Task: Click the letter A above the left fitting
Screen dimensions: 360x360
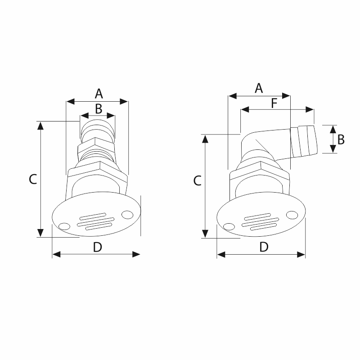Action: click(x=99, y=94)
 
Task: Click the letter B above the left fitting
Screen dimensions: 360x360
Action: click(x=99, y=109)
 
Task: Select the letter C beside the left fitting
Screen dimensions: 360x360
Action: click(x=33, y=179)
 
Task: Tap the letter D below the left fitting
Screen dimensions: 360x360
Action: click(x=97, y=247)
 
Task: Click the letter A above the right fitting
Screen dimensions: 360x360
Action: click(x=259, y=88)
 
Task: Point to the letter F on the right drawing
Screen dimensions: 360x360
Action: click(x=274, y=103)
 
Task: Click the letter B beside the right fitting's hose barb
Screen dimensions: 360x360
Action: click(x=341, y=139)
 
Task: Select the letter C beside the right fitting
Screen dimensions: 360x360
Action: click(x=197, y=180)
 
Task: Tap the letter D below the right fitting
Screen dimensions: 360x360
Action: click(x=264, y=247)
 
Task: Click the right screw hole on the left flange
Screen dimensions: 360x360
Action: click(x=127, y=215)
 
